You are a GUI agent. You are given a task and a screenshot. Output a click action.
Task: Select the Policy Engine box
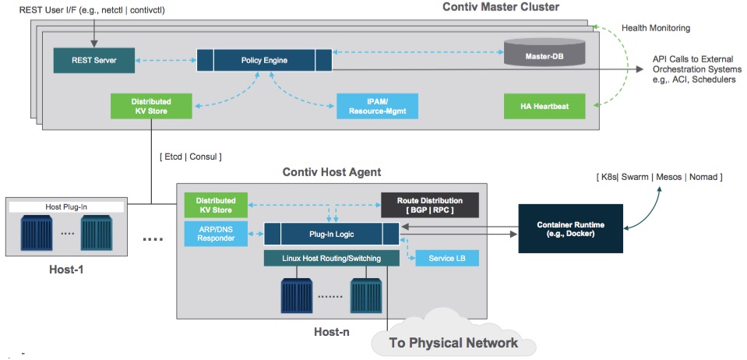[255, 58]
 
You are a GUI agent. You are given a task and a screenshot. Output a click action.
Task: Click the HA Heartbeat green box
[543, 106]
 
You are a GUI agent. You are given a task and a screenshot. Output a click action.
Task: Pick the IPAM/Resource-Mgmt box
[377, 107]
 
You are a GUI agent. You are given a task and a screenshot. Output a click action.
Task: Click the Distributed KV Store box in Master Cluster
[151, 106]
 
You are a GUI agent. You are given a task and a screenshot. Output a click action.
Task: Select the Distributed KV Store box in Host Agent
[216, 205]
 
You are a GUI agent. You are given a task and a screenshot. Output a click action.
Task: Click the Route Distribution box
[429, 205]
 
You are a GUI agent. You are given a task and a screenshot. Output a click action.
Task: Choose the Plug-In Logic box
[331, 232]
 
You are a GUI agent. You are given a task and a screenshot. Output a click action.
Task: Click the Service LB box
[447, 258]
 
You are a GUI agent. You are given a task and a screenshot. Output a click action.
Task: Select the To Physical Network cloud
[453, 341]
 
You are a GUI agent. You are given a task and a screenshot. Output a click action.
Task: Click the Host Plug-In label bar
[65, 207]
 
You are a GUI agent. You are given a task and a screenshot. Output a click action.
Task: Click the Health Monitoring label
[655, 28]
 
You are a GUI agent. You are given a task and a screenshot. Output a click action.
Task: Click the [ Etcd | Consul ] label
[190, 157]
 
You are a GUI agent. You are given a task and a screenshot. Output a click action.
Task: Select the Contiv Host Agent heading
[331, 171]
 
